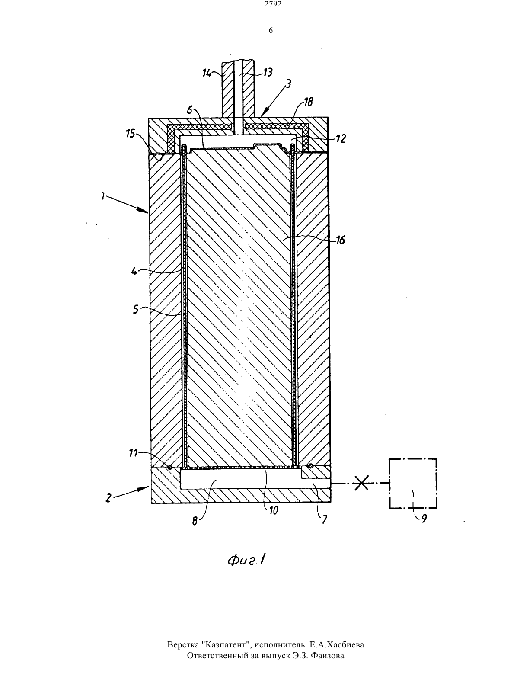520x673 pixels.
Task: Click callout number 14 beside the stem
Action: [x=207, y=73]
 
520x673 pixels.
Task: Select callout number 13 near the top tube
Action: [x=268, y=73]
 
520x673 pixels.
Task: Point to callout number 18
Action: [x=308, y=102]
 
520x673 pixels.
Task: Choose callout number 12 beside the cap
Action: [x=341, y=138]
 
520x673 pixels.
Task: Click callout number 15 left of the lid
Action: [x=131, y=134]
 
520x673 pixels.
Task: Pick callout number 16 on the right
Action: [x=340, y=240]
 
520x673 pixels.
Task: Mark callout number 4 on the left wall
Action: [x=134, y=272]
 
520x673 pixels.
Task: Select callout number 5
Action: [x=136, y=310]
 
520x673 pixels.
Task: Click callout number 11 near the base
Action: [x=134, y=453]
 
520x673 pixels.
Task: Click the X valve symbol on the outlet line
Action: [x=361, y=483]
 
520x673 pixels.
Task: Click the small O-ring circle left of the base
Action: [x=170, y=467]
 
